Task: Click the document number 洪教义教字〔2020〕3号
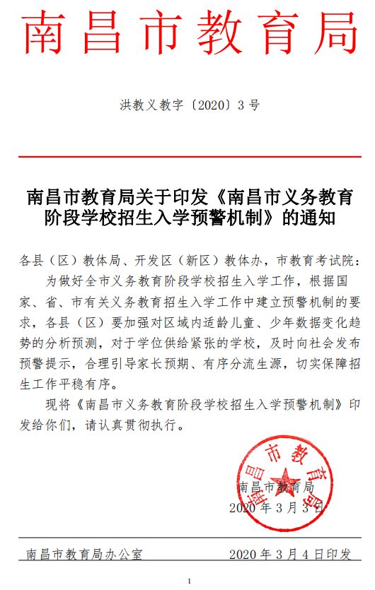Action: coord(189,106)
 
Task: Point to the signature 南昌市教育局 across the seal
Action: coord(277,487)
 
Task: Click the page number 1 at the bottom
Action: coord(189,581)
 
